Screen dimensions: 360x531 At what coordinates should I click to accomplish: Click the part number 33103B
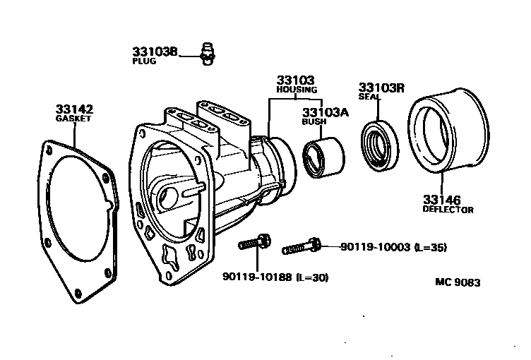point(155,52)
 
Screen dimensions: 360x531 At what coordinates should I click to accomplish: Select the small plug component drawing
point(207,53)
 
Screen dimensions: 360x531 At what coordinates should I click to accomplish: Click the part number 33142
point(74,109)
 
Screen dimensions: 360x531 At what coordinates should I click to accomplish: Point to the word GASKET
point(74,119)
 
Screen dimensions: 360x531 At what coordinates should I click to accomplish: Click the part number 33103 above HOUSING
point(295,80)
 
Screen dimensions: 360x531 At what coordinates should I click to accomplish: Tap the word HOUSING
point(296,90)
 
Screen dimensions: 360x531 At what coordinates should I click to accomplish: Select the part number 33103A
point(326,112)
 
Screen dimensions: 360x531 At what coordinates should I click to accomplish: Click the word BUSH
point(314,121)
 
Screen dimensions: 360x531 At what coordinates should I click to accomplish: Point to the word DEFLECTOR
point(448,210)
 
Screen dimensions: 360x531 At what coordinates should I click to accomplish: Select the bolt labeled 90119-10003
point(302,247)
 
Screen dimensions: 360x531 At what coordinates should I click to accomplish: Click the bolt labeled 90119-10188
point(256,243)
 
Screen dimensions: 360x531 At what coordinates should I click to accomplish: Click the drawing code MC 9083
point(458,282)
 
